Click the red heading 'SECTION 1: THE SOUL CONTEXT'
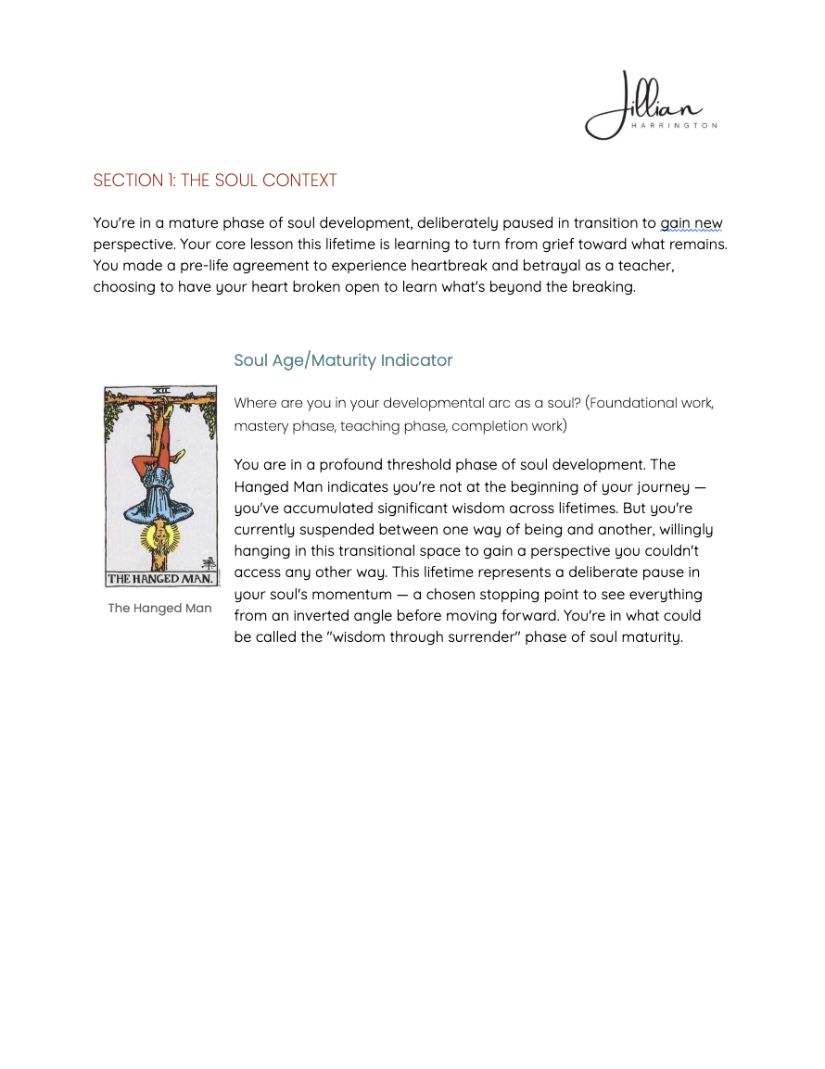coord(215,181)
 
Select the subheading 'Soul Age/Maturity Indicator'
coord(343,360)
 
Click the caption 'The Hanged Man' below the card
coord(159,609)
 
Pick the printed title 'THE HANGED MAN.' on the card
coord(161,579)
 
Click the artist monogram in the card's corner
coord(209,563)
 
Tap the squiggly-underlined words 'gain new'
coord(691,223)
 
